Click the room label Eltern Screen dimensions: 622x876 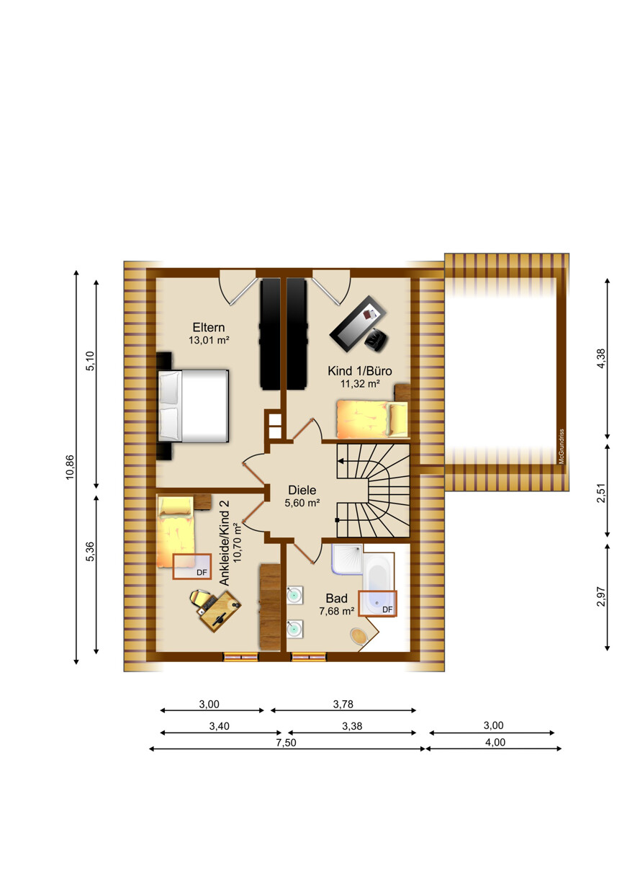pos(209,327)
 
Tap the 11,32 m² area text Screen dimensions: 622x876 pos(360,384)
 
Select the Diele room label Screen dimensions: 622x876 pos(302,490)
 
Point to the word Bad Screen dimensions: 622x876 pos(336,599)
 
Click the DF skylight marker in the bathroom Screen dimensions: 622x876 pos(387,609)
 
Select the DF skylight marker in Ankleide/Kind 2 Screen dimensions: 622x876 pos(202,573)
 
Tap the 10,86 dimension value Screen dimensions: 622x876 pos(70,467)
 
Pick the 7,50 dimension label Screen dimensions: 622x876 pos(286,743)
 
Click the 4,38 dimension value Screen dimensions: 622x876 pos(601,358)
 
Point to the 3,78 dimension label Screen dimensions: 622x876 pos(343,705)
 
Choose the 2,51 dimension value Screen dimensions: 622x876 pos(601,493)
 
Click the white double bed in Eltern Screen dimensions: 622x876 pos(193,406)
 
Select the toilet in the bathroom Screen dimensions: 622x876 pos(359,636)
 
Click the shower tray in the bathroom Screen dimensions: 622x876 pos(347,559)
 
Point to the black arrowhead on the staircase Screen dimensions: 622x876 pos(341,461)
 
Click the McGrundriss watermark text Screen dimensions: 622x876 pos(562,446)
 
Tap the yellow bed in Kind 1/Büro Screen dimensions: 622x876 pos(372,419)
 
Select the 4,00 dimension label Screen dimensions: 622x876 pos(495,742)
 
